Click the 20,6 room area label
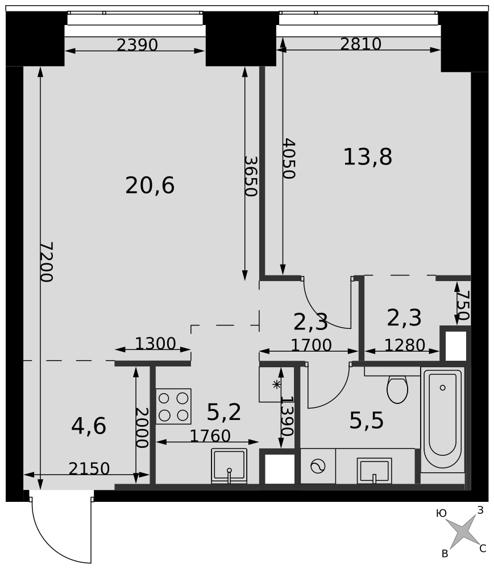coord(150,185)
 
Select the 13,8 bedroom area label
coord(367,157)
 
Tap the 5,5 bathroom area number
coord(367,421)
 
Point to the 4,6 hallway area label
coord(89,426)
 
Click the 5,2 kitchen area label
coord(224,412)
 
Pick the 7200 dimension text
coord(47,262)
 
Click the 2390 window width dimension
coord(138,45)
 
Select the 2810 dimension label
coord(361,44)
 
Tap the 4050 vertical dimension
coord(289,158)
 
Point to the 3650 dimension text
coord(251,176)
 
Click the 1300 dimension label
coord(156,343)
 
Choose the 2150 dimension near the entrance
coord(89,469)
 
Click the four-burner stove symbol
coord(173,406)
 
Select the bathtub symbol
coord(442,419)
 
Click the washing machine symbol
coord(318,466)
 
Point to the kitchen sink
coord(229,466)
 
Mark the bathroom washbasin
coord(375,471)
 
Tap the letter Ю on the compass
coord(441,513)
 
